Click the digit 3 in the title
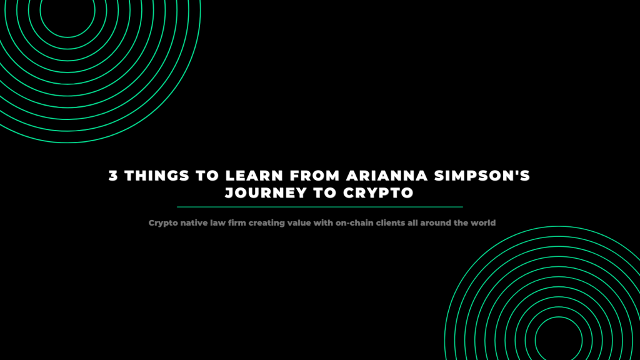pyautogui.click(x=113, y=176)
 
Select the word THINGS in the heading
pyautogui.click(x=157, y=176)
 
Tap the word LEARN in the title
pyautogui.click(x=254, y=176)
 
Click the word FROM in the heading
pyautogui.click(x=315, y=176)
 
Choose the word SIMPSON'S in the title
pyautogui.click(x=482, y=176)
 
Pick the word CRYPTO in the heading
pyautogui.click(x=378, y=193)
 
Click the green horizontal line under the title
pyautogui.click(x=320, y=207)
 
